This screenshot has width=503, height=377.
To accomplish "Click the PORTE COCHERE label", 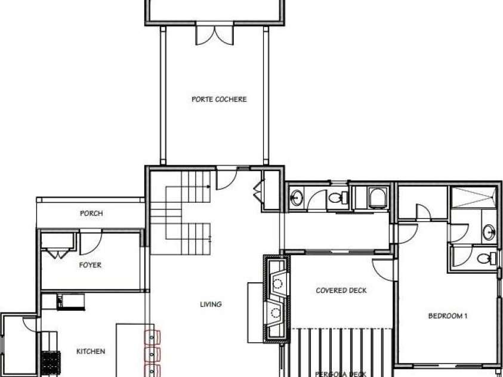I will pyautogui.click(x=218, y=99).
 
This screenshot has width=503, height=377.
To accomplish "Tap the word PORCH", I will pyautogui.click(x=91, y=213).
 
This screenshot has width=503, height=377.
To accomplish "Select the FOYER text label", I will pyautogui.click(x=90, y=265).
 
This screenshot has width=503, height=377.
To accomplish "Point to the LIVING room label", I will pyautogui.click(x=211, y=304).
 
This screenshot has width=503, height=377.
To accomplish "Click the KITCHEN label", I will pyautogui.click(x=91, y=351).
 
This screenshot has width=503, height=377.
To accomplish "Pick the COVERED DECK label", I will pyautogui.click(x=341, y=291).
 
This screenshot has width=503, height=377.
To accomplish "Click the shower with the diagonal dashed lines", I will pyautogui.click(x=473, y=197).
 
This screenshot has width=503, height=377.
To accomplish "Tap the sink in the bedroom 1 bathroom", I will pyautogui.click(x=489, y=232).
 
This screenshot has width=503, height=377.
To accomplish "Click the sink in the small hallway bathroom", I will pyautogui.click(x=297, y=198).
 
